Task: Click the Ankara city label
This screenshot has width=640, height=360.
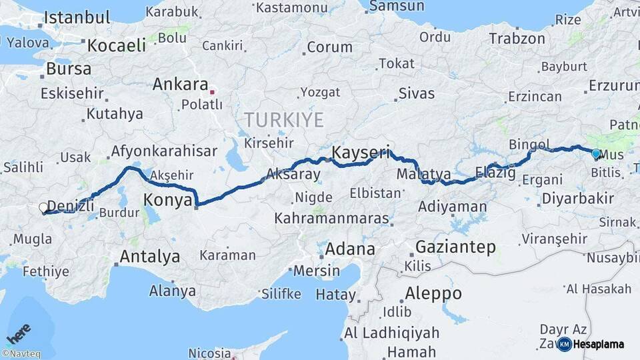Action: (180, 85)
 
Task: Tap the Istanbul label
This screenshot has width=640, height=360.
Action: (76, 17)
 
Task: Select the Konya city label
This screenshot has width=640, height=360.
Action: (169, 200)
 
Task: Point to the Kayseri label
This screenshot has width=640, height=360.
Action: (361, 152)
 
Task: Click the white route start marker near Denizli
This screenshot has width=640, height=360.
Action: (44, 208)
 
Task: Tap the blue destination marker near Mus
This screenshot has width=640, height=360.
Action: (596, 154)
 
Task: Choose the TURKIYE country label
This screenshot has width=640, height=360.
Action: (283, 121)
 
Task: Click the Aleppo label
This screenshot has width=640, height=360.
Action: (433, 293)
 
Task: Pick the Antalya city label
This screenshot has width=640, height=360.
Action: (150, 257)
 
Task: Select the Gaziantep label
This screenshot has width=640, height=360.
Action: (455, 247)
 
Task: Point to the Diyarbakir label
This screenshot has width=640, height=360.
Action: (577, 198)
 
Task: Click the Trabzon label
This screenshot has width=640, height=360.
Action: (517, 39)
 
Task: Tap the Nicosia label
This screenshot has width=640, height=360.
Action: (209, 353)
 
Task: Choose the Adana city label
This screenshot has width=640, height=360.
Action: (349, 250)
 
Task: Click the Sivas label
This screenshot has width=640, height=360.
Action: (417, 93)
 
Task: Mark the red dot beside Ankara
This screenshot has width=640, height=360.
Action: (212, 91)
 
